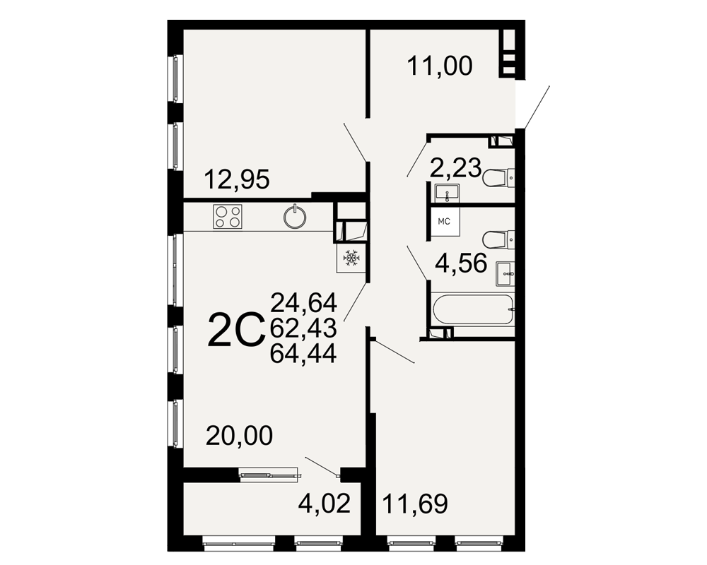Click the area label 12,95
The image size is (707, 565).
coord(237,179)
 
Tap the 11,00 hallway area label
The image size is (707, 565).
coord(440,66)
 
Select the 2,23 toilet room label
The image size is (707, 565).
coord(455,168)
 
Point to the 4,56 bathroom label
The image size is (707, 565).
coord(461,263)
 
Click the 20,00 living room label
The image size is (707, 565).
coord(240,436)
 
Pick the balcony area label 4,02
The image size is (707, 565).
coord(325,504)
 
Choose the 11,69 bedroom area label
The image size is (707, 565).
coord(415,504)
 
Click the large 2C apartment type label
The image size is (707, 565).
coord(235,330)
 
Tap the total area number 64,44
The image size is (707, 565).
coord(303,354)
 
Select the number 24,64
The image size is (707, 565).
coord(303,303)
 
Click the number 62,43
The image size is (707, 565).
coord(303,328)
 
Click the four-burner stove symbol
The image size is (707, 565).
coord(228,216)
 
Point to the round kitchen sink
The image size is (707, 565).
coord(295,217)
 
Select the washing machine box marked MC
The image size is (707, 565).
coord(445,221)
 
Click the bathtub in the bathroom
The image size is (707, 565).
coord(473,309)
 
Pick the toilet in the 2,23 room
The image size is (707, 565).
coord(498,177)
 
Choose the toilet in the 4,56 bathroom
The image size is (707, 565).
coord(498,239)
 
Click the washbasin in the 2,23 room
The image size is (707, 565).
coord(447,194)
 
